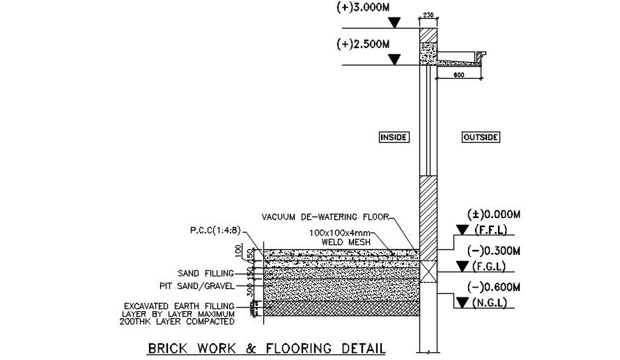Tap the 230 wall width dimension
(x=428, y=15)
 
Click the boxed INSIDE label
(x=393, y=137)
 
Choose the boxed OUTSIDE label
(x=481, y=137)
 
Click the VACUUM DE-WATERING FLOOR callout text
(x=325, y=217)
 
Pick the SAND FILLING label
(x=205, y=274)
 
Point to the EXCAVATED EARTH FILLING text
(x=178, y=306)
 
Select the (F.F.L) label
(x=493, y=230)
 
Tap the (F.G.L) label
(x=493, y=267)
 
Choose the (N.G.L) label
(x=493, y=303)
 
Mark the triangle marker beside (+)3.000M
(x=394, y=23)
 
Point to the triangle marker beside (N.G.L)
(x=462, y=303)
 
